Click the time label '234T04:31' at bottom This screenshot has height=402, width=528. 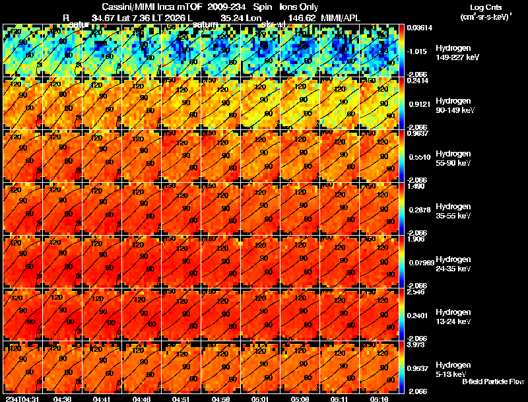click(21, 398)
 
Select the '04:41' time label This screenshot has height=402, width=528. click(102, 398)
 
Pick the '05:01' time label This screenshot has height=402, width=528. click(260, 398)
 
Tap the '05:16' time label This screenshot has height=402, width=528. click(379, 398)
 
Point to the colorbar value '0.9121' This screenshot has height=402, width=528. click(420, 104)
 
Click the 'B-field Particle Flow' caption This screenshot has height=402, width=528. click(492, 382)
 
